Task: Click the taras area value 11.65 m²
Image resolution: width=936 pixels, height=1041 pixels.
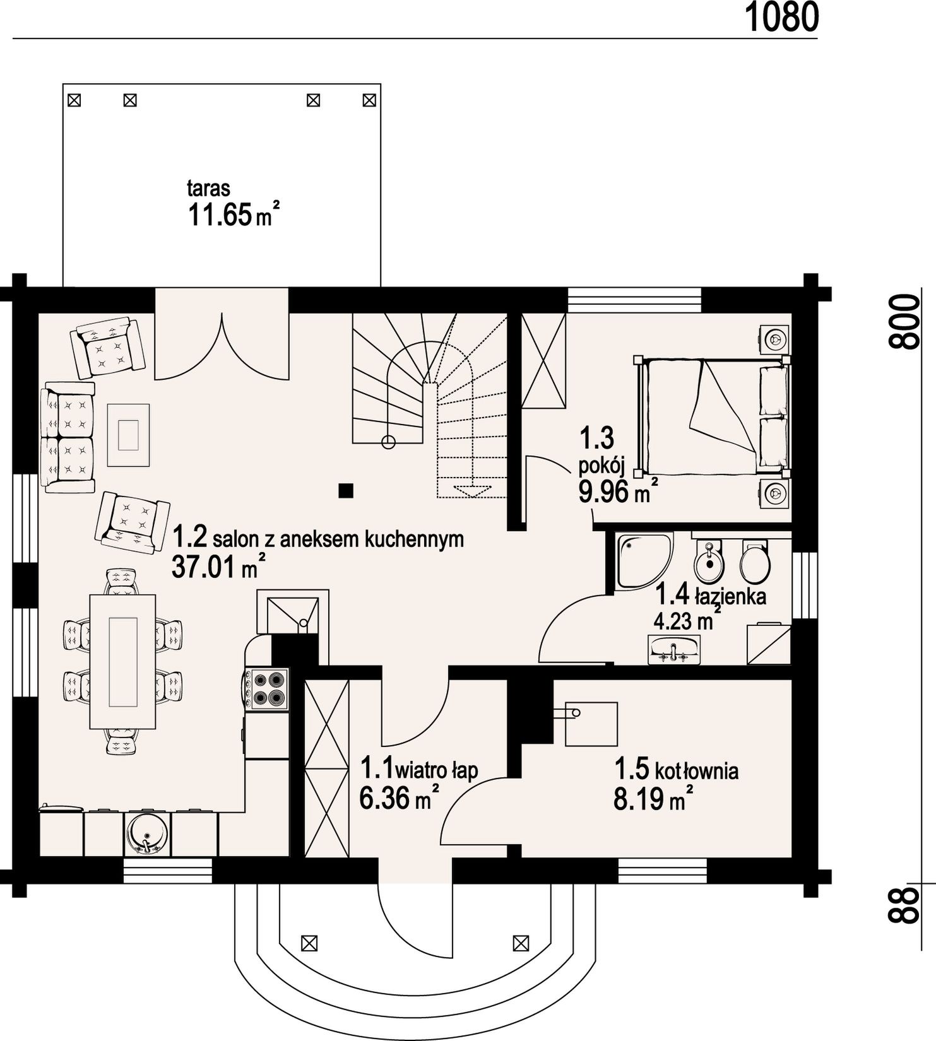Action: (x=234, y=215)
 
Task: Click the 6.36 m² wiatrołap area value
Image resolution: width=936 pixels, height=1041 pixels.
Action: (x=399, y=798)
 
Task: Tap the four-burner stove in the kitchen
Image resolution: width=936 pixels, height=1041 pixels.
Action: (x=266, y=688)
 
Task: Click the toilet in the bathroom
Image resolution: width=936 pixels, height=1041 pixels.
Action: (x=754, y=560)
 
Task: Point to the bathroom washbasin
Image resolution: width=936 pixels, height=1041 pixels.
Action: (x=674, y=649)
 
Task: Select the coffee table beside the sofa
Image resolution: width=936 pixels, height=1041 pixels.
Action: (x=128, y=435)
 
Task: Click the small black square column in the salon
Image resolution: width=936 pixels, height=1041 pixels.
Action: (x=345, y=490)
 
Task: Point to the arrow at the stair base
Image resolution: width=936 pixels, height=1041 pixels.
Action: (x=473, y=491)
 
